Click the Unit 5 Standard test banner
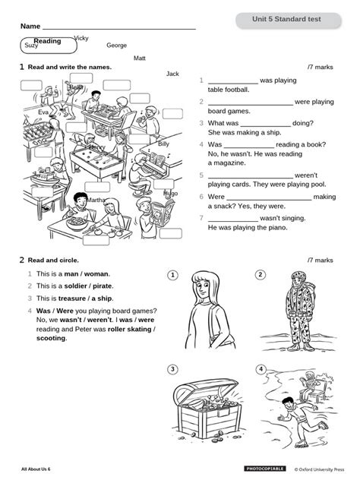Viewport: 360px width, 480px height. pyautogui.click(x=289, y=21)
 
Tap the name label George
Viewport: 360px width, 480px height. pyautogui.click(x=117, y=46)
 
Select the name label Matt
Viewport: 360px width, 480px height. pyautogui.click(x=140, y=58)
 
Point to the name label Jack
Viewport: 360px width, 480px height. pyautogui.click(x=172, y=74)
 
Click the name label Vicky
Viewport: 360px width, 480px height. pyautogui.click(x=81, y=38)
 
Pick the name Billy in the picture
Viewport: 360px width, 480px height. pyautogui.click(x=163, y=144)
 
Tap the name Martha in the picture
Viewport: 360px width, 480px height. pyautogui.click(x=96, y=200)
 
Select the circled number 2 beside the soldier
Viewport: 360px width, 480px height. pyautogui.click(x=261, y=275)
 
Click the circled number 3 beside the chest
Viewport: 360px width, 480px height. pyautogui.click(x=172, y=369)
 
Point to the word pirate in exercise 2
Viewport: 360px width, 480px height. pyautogui.click(x=103, y=286)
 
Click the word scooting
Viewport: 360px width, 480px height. pyautogui.click(x=51, y=338)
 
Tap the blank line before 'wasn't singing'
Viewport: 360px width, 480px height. pyautogui.click(x=233, y=221)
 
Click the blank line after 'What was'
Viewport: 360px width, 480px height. pyautogui.click(x=265, y=126)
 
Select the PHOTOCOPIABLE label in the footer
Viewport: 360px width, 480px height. pyautogui.click(x=265, y=469)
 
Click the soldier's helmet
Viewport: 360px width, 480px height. pyautogui.click(x=298, y=276)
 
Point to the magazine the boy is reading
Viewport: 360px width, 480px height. pyautogui.click(x=163, y=212)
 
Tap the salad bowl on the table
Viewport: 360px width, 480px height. pyautogui.click(x=77, y=223)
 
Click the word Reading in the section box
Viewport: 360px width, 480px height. pyautogui.click(x=47, y=41)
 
